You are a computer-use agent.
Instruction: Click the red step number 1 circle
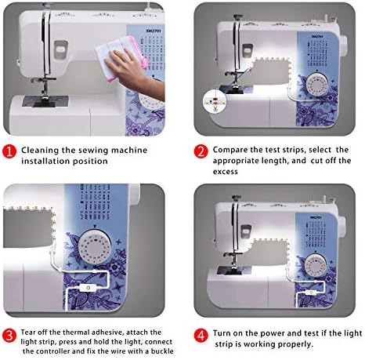9,151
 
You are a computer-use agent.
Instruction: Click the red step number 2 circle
201,151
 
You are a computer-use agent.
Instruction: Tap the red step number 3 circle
9,335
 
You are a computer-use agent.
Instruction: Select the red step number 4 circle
201,335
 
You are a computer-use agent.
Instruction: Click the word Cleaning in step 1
40,151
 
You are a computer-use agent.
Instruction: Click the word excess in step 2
226,172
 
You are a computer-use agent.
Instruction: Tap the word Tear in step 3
28,333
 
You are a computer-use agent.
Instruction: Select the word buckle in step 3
162,351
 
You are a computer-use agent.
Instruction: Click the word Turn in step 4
222,333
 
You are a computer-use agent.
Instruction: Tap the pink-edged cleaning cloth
121,58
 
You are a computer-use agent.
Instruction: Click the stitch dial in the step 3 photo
95,247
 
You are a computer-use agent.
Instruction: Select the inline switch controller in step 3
87,288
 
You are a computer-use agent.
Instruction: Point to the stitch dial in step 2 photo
316,85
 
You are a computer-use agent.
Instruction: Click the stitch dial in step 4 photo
316,266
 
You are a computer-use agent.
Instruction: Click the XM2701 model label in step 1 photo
154,31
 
